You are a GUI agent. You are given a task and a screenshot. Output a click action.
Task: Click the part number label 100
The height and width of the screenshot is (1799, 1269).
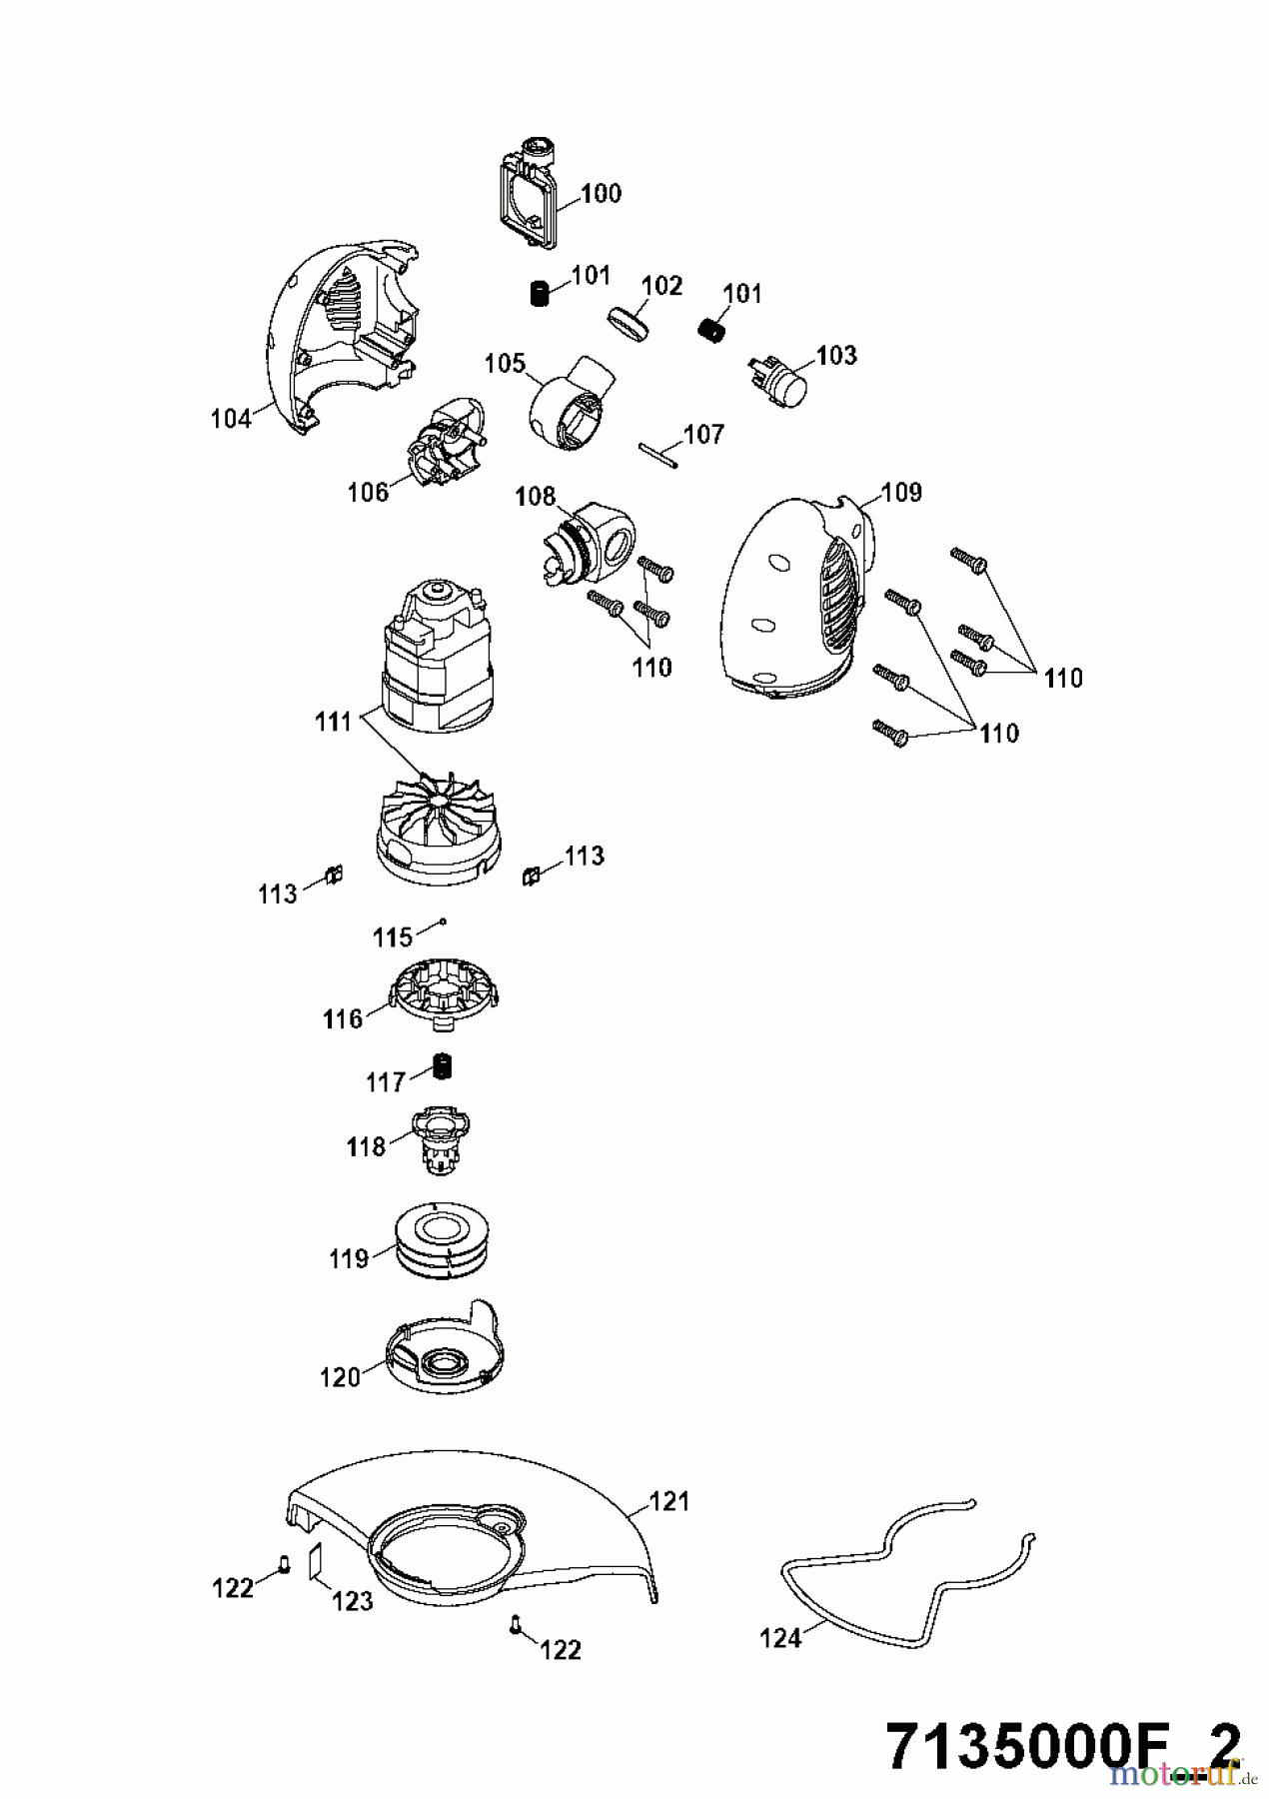(601, 193)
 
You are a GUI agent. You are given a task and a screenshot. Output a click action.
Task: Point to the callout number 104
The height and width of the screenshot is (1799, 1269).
(231, 419)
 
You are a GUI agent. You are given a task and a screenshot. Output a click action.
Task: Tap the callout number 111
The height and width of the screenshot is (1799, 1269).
(334, 721)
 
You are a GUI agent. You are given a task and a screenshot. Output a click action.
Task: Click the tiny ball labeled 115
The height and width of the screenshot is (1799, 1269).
(442, 922)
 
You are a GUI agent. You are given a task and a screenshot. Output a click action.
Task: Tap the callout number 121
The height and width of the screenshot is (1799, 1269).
(669, 1501)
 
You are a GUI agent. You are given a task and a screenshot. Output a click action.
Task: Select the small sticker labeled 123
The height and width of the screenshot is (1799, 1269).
(314, 1560)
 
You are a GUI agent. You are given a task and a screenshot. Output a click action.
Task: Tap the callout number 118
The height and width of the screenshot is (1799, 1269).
(366, 1146)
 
